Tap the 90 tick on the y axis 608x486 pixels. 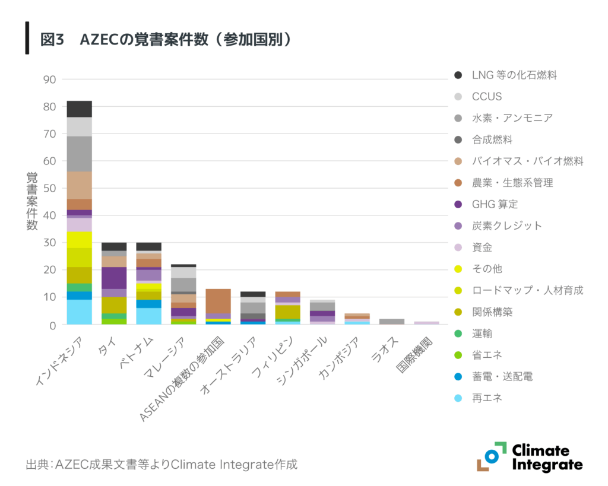point(49,80)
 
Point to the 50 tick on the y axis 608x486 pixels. point(49,188)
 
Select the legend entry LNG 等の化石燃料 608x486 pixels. point(514,75)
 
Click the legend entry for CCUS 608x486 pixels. point(487,96)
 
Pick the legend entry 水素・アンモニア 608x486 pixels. point(512,118)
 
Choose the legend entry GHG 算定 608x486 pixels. point(495,204)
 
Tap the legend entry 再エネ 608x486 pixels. point(487,398)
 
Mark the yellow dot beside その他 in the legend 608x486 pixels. point(458,269)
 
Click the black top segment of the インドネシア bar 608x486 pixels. point(79,109)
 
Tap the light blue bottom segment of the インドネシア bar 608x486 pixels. point(79,312)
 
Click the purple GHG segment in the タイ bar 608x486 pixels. point(113,278)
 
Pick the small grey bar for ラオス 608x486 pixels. point(391,322)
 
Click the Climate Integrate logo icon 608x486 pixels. point(491,456)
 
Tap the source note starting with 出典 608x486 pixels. point(161,463)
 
